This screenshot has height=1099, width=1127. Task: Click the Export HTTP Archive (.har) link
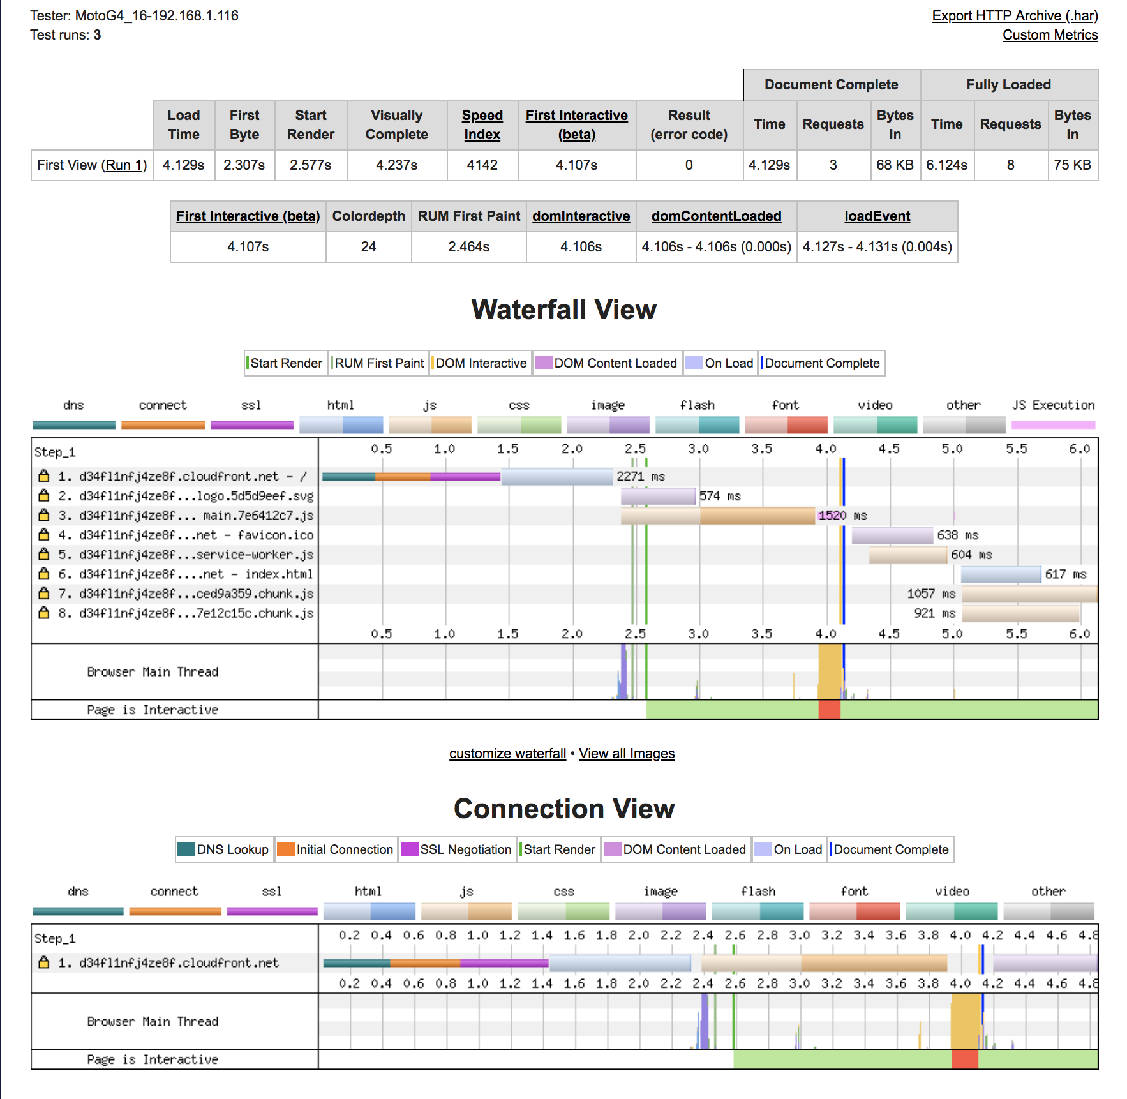1014,16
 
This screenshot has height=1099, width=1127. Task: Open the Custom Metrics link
1050,35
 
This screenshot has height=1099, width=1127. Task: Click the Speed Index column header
482,124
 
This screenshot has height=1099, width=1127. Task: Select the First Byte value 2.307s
244,165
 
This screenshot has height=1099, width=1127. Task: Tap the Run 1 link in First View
126,165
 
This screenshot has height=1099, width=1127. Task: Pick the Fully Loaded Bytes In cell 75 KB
1072,165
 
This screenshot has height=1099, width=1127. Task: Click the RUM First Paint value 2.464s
468,247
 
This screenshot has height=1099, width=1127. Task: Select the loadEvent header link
877,216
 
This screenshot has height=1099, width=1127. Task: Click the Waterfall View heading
563,310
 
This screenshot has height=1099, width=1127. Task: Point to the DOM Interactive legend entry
481,363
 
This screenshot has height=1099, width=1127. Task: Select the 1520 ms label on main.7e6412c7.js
842,516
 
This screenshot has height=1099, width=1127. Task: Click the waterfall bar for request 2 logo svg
658,496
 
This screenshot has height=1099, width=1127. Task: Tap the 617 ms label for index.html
1065,574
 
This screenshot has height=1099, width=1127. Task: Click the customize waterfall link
507,754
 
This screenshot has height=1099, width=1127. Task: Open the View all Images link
626,754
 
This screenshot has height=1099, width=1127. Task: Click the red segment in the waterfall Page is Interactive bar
829,710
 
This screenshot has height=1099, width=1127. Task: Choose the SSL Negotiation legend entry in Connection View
458,849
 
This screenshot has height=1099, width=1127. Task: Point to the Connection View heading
563,809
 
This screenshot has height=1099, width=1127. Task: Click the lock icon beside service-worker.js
44,554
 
